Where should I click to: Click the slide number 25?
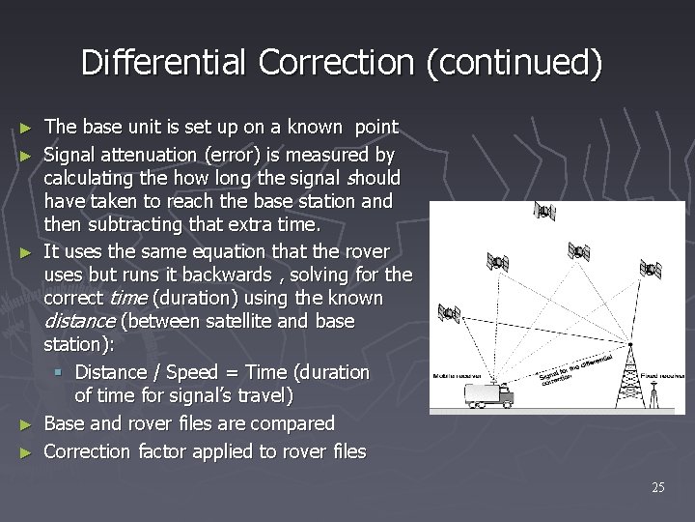point(657,487)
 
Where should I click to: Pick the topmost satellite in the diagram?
point(545,212)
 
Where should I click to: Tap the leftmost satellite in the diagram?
point(449,313)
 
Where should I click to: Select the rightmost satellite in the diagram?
point(652,268)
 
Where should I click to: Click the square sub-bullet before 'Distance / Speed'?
point(61,372)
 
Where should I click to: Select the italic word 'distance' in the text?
point(76,321)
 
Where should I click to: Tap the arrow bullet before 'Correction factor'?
point(25,451)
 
